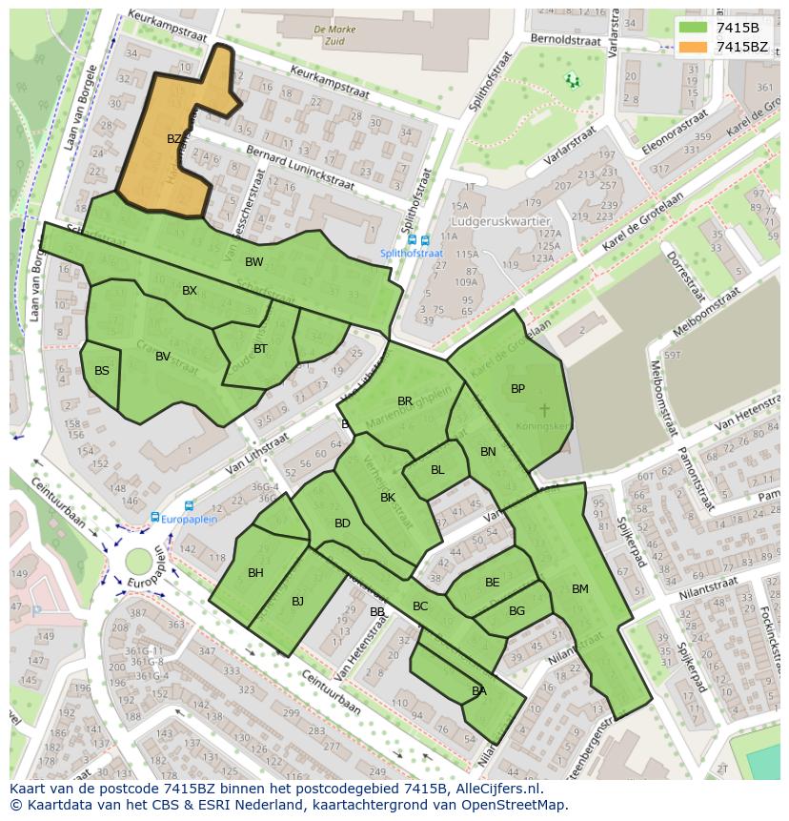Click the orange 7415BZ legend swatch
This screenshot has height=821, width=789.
694,47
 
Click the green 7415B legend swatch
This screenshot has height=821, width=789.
694,28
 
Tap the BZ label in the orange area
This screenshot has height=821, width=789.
174,139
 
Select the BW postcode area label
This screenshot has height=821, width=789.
253,262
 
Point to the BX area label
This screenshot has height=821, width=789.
190,291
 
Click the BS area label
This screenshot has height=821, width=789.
102,371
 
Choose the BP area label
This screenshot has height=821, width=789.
517,389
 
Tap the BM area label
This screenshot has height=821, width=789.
579,589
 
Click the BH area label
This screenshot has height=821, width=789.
255,573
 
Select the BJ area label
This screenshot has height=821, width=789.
297,601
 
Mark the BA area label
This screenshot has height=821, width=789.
478,691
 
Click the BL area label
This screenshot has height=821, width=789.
437,470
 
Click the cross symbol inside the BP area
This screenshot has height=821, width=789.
544,410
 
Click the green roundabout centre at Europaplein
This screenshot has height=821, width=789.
139,561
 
